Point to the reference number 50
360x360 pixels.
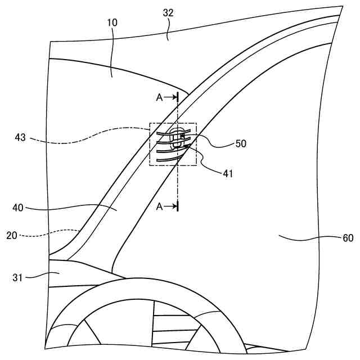click(x=241, y=143)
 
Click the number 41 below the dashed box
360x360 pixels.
click(x=227, y=174)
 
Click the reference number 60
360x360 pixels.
click(x=348, y=238)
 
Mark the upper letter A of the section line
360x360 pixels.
click(x=159, y=97)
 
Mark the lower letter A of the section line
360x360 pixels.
click(x=159, y=206)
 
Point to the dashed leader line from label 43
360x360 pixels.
click(x=90, y=137)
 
